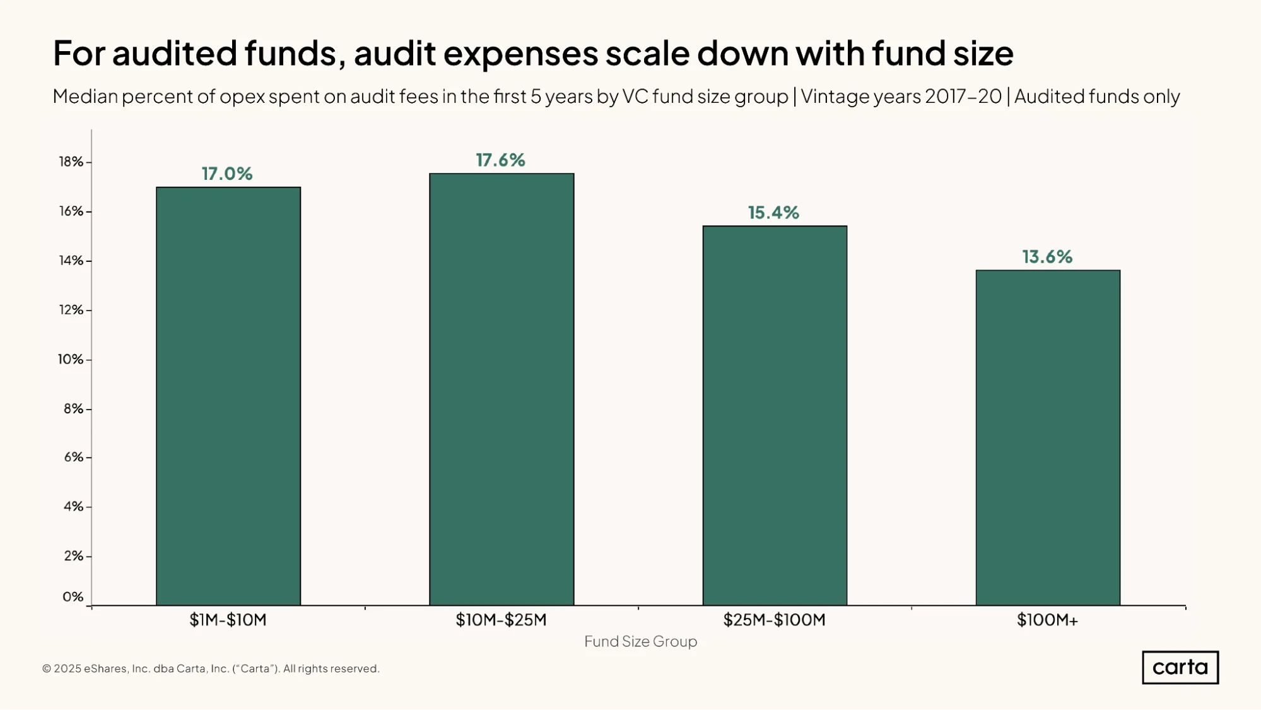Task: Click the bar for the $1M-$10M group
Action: [x=228, y=396]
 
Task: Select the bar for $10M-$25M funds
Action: [x=501, y=389]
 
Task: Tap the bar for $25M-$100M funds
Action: [x=775, y=415]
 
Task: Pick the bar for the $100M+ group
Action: [x=1048, y=438]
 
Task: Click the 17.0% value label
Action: [x=227, y=174]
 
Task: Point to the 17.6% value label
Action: [x=500, y=160]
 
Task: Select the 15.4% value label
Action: [x=773, y=213]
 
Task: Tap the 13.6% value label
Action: [x=1047, y=257]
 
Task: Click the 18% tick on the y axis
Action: [x=71, y=162]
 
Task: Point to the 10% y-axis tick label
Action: [x=71, y=359]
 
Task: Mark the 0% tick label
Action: [x=73, y=596]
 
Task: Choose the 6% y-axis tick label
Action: [x=74, y=457]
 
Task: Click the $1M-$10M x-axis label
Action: [x=228, y=620]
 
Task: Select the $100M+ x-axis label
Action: [x=1047, y=620]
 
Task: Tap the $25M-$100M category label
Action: [x=774, y=620]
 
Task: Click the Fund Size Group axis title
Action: [x=640, y=641]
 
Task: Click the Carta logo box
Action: [x=1180, y=667]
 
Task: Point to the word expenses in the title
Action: [x=520, y=53]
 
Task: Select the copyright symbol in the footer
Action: [x=47, y=668]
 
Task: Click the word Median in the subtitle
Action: [x=85, y=96]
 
